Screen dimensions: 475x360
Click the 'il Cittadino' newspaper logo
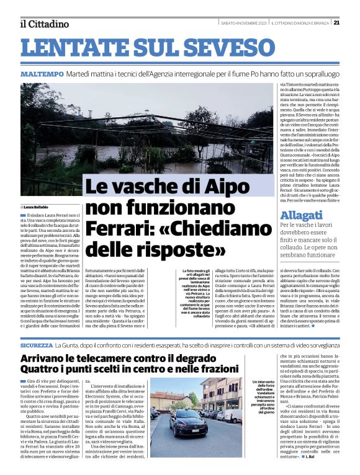[x=43, y=24]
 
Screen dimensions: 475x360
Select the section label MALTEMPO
[x=42, y=74]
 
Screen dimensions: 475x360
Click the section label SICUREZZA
[x=36, y=344]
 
